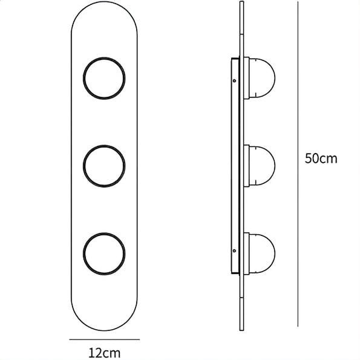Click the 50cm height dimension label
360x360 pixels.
(321, 159)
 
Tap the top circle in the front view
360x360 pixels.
(104, 57)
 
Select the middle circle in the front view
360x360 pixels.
(104, 146)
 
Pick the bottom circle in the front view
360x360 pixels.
(104, 234)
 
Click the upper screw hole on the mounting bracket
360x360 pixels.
(234, 80)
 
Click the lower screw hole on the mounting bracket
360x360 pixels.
(234, 250)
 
